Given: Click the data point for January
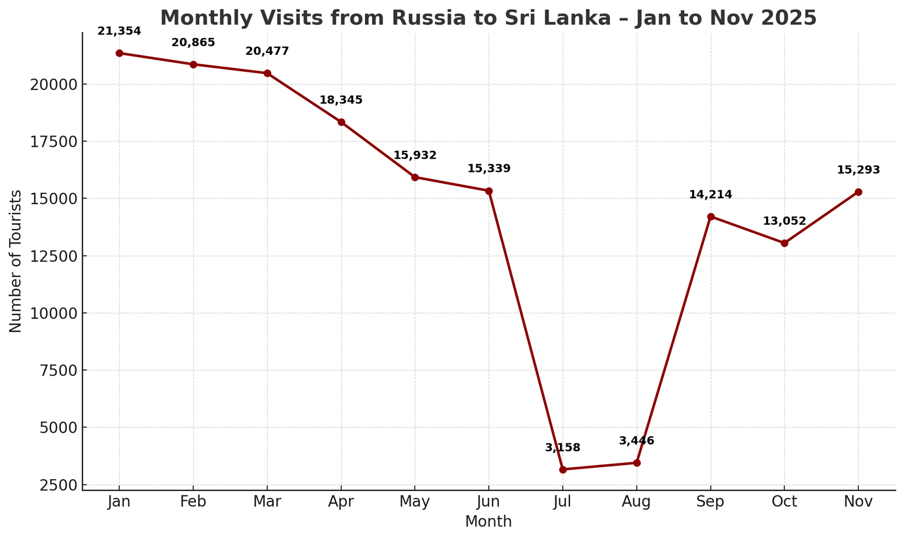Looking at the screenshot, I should point(119,53).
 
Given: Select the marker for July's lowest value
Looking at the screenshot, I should point(563,470).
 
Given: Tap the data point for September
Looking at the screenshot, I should point(711,217).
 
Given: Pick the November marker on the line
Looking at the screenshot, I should point(858,192).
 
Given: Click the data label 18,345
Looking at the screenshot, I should point(341,101).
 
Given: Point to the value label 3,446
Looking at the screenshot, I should point(636,441).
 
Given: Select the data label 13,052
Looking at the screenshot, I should point(784,221).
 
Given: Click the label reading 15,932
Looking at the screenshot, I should point(415,155).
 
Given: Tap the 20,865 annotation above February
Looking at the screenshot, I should point(193,43).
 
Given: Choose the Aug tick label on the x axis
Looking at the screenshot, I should point(636,502).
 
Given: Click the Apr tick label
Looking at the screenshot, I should point(341,502).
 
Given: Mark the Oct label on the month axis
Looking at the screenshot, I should point(784,502).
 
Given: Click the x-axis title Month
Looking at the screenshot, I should point(488,522).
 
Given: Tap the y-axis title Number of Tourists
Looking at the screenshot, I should point(16,261).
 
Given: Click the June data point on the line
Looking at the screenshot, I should point(489,191).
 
